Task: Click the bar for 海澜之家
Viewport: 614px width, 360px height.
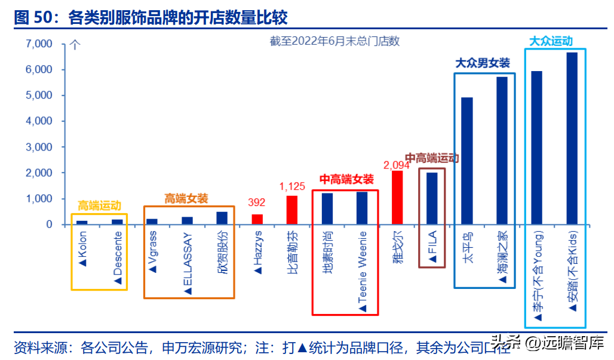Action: [x=502, y=150]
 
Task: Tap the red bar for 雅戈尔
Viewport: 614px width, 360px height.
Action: [x=397, y=198]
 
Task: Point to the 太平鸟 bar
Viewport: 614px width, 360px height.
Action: [x=467, y=161]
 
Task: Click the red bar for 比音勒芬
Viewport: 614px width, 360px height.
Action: [x=292, y=210]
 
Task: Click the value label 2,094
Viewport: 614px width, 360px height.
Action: [x=396, y=165]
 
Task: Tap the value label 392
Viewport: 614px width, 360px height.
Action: [x=257, y=203]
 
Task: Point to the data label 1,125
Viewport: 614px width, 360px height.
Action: [x=292, y=187]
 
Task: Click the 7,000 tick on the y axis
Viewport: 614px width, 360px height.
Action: [x=40, y=44]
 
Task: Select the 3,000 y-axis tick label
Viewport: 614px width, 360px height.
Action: [x=40, y=147]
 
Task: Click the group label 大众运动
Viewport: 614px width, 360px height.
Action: [x=551, y=41]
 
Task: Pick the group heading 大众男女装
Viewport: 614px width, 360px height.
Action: [x=483, y=63]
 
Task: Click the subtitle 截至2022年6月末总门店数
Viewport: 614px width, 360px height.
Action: [x=334, y=41]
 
